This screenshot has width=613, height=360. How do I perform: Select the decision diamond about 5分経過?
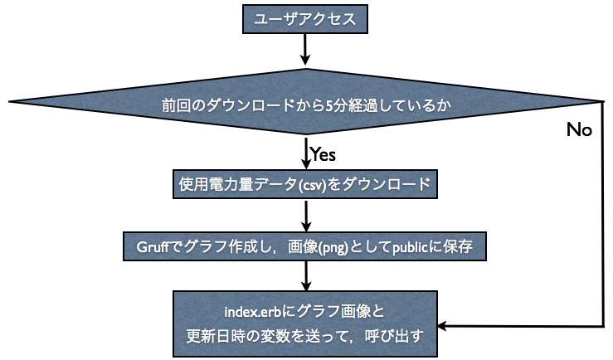coord(306,105)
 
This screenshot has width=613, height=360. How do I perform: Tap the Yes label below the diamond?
coord(322,153)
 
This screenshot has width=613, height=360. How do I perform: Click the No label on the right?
coord(578,130)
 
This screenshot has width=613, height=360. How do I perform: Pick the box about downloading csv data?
coord(306,183)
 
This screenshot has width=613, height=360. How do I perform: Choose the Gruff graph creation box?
coord(306,246)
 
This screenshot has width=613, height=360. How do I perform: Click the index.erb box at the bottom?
coord(306,324)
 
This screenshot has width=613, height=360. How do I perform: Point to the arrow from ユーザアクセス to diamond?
coord(306,49)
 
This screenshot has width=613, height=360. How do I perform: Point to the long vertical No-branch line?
coord(603,216)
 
